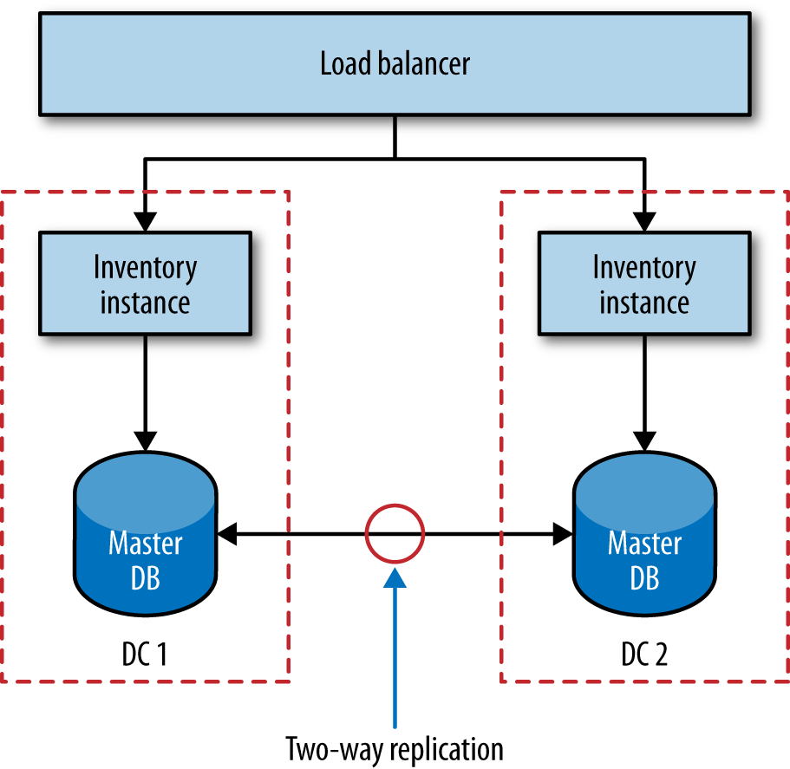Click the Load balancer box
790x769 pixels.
click(x=395, y=63)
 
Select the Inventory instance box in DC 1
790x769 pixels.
click(x=146, y=283)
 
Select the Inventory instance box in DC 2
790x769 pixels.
click(x=644, y=283)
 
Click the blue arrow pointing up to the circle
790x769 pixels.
click(x=395, y=650)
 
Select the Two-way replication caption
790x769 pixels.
click(x=395, y=747)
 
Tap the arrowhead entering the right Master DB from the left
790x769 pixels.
click(x=561, y=535)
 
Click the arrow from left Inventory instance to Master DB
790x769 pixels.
click(x=146, y=390)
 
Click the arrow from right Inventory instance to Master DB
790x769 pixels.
click(x=644, y=390)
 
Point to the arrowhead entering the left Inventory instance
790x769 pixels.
click(x=146, y=221)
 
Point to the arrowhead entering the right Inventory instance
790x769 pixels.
click(x=644, y=221)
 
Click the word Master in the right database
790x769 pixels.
click(x=644, y=544)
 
